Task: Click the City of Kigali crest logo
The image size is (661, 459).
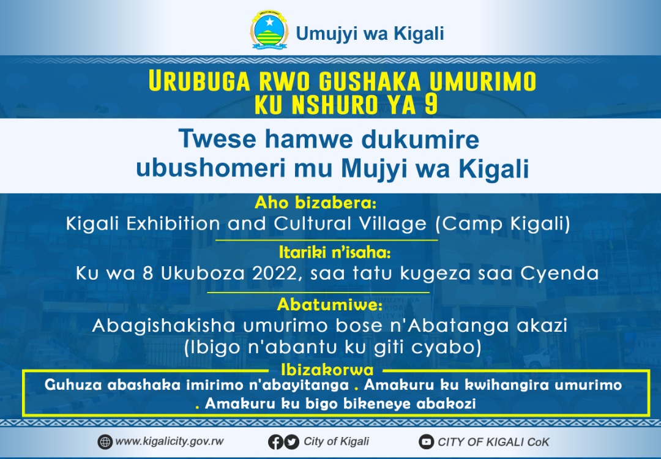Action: click(x=269, y=31)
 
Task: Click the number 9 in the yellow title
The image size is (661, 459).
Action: click(x=431, y=105)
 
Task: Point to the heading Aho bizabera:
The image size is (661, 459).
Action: click(x=315, y=203)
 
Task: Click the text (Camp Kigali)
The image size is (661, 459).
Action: click(x=502, y=223)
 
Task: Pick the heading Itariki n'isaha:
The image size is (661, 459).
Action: click(x=335, y=253)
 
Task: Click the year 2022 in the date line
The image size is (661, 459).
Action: click(x=278, y=273)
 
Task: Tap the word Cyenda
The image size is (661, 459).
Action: click(x=559, y=274)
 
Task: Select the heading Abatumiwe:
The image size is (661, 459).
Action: click(x=330, y=304)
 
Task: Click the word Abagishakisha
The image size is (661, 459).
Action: click(x=163, y=326)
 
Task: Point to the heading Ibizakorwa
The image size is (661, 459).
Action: click(x=327, y=370)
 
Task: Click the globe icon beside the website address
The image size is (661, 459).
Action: click(x=105, y=442)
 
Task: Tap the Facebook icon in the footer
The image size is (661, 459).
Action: click(x=275, y=442)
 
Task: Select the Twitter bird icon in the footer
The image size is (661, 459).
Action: click(x=291, y=442)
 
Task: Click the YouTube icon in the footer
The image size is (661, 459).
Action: click(x=426, y=442)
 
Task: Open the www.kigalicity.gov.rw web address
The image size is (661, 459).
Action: click(x=170, y=441)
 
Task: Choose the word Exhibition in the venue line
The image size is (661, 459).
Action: click(x=173, y=223)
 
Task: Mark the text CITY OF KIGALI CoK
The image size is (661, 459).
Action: click(x=494, y=442)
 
